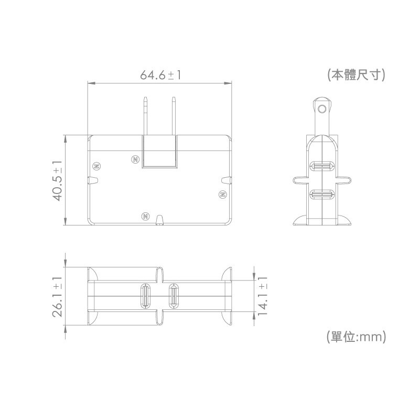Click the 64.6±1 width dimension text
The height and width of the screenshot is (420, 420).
click(160, 75)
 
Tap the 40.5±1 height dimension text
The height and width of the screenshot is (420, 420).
click(58, 180)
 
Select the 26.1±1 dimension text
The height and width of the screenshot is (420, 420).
click(58, 297)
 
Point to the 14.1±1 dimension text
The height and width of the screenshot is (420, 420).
click(263, 296)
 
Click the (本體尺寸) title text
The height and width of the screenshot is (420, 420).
click(356, 75)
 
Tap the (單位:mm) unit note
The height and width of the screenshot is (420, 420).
click(356, 337)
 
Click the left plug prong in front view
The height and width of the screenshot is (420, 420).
click(146, 116)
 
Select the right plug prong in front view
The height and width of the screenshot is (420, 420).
click(174, 116)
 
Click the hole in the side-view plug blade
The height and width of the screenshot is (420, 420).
click(322, 109)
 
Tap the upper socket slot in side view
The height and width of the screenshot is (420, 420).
click(322, 167)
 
